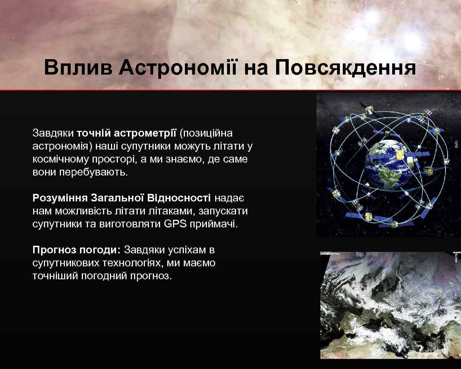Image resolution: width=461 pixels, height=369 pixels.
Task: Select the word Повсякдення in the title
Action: (x=345, y=67)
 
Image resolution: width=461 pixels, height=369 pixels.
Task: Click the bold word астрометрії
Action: (x=145, y=133)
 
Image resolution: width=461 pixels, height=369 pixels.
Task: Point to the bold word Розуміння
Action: (x=60, y=198)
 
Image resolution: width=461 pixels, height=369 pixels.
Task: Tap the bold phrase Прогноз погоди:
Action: (x=76, y=250)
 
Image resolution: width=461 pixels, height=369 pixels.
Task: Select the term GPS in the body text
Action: (x=175, y=224)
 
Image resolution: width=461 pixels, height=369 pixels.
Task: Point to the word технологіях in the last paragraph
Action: (x=131, y=263)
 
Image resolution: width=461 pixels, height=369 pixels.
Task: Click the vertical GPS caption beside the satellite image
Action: (x=456, y=144)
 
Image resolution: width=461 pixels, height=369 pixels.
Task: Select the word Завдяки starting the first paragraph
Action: (x=53, y=133)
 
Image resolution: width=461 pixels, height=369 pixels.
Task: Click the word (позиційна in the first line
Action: (x=206, y=133)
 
